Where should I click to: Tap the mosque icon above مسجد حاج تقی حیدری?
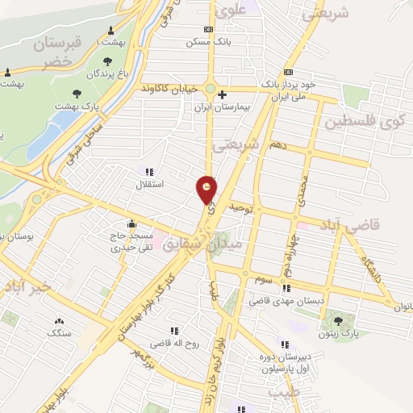click(131, 224)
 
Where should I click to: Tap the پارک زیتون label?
click(338, 333)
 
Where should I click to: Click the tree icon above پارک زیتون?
click(338, 321)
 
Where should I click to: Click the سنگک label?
click(60, 332)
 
